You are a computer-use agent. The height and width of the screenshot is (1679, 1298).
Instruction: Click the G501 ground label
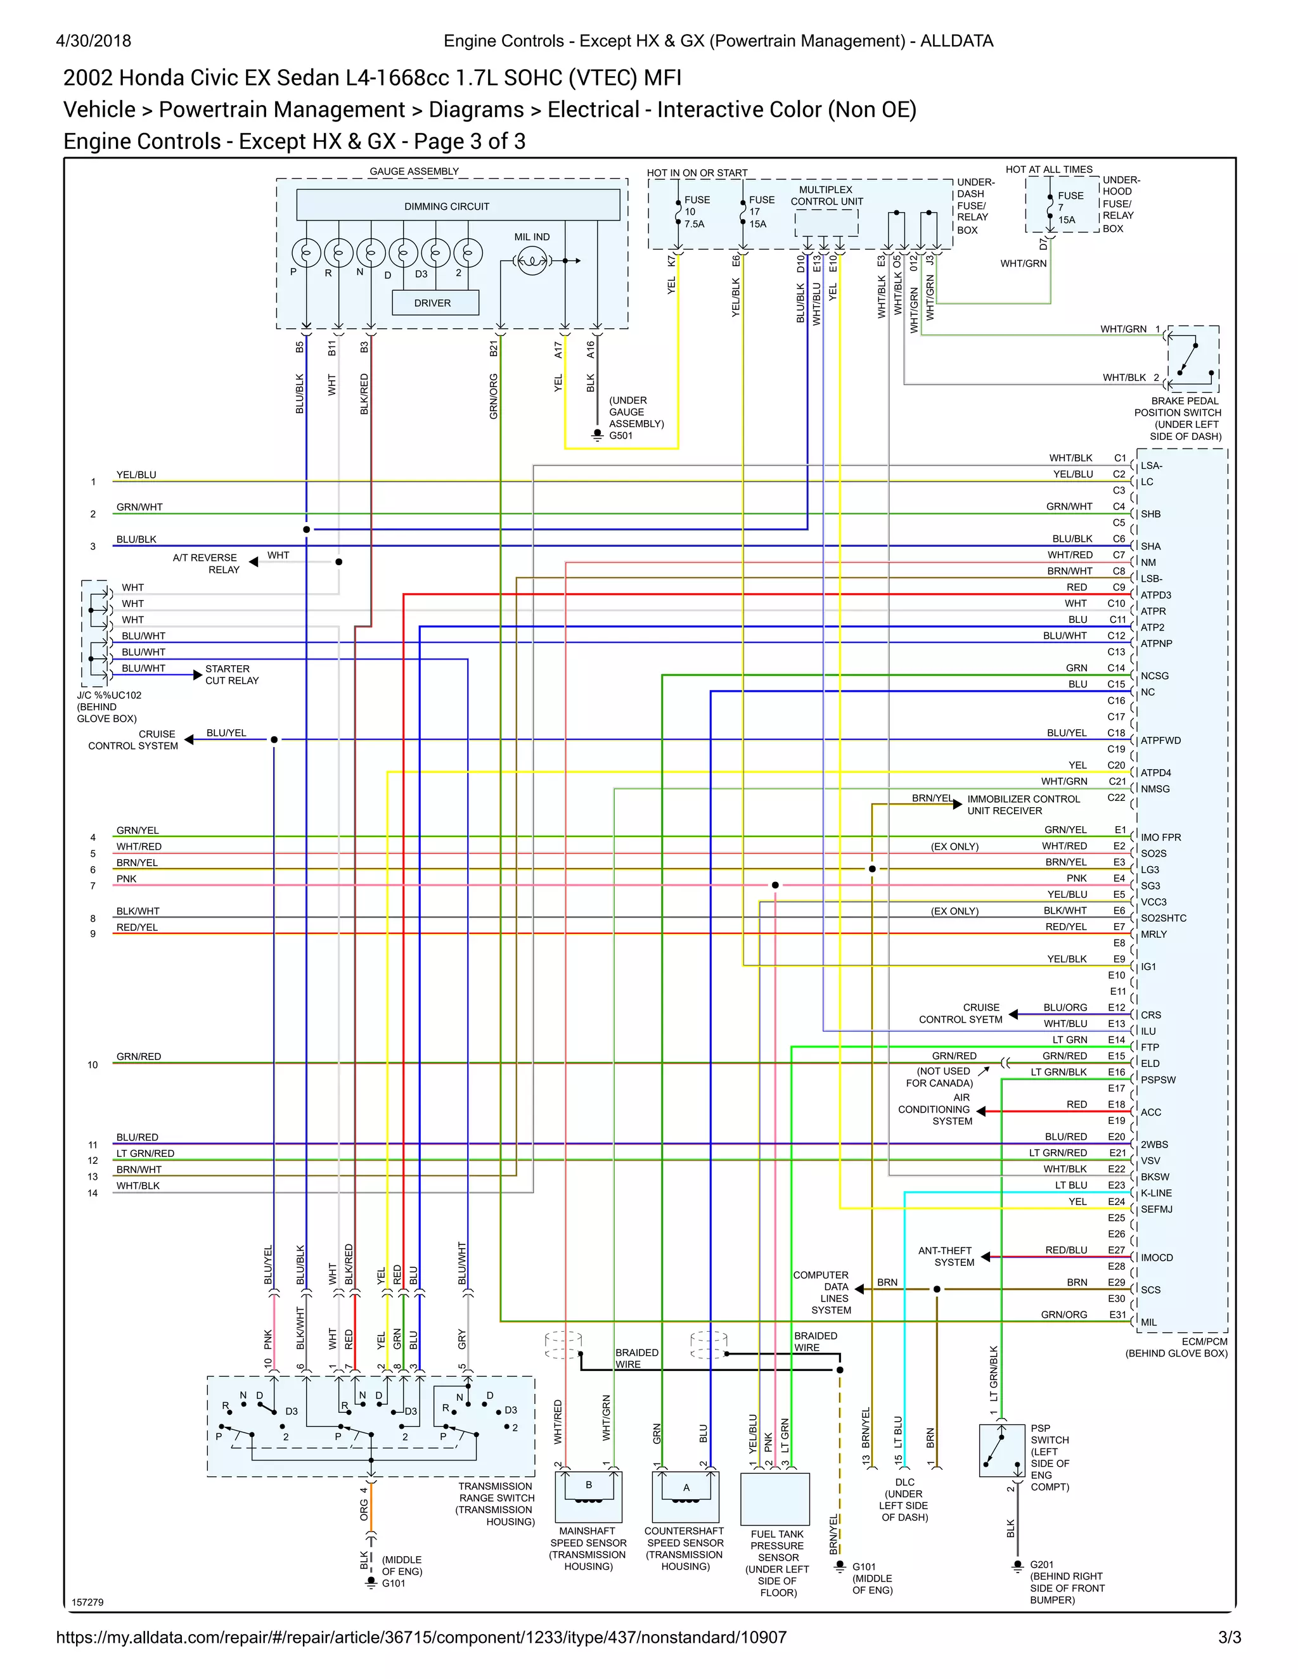click(x=620, y=435)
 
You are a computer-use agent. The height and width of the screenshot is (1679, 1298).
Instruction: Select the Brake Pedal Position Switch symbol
click(x=1193, y=358)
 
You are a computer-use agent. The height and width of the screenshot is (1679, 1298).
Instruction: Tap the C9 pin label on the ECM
click(x=1119, y=587)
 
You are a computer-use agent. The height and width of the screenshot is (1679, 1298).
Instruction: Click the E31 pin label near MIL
click(x=1117, y=1315)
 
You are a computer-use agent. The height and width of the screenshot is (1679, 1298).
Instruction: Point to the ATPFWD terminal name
click(x=1160, y=740)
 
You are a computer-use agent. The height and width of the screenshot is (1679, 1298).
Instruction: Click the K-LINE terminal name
click(x=1156, y=1193)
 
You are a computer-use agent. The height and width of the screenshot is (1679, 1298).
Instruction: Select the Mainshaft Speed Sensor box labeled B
click(x=588, y=1496)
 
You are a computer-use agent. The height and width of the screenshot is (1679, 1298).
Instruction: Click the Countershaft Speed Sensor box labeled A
click(x=685, y=1496)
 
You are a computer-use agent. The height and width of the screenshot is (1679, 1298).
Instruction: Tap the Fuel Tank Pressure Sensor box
click(x=774, y=1498)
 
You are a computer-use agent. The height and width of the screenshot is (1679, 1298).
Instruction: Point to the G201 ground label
click(x=1041, y=1564)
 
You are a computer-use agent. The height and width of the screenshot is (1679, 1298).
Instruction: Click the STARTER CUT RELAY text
click(x=231, y=674)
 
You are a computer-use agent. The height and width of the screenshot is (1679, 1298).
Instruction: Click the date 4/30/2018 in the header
click(x=93, y=41)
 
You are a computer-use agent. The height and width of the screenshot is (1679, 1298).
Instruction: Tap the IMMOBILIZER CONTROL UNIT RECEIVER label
click(x=1023, y=804)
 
